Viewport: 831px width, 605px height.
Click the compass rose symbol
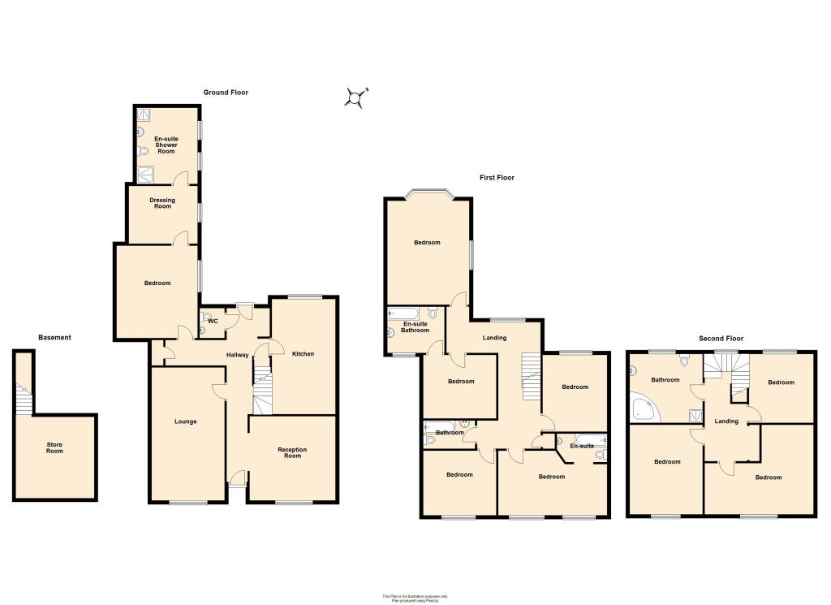click(x=355, y=98)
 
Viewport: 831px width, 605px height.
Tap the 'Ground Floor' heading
click(x=226, y=93)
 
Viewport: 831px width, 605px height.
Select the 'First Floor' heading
click(x=496, y=178)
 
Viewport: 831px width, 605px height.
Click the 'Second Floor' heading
click(x=721, y=339)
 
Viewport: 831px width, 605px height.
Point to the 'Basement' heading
click(x=54, y=338)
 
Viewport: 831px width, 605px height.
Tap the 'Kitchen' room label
click(x=303, y=354)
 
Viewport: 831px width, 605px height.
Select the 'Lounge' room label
click(x=186, y=421)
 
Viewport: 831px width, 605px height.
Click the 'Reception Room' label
click(x=292, y=452)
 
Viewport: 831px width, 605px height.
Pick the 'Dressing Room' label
click(x=161, y=203)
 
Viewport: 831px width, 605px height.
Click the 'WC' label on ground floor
click(x=213, y=321)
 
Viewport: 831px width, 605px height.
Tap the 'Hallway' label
click(x=237, y=355)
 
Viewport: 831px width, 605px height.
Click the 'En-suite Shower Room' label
click(x=166, y=145)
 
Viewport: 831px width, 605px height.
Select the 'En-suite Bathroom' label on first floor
click(x=416, y=327)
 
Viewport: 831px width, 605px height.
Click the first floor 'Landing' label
click(x=494, y=338)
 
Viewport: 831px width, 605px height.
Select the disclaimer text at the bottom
click(x=415, y=597)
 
